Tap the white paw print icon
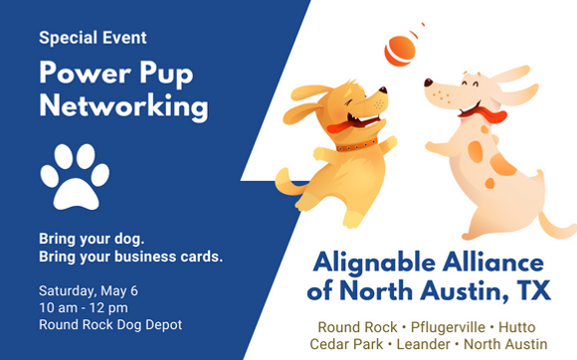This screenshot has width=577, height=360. coord(75,177)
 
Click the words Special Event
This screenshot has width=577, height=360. coord(94,38)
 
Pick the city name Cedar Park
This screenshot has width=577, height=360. coord(349,344)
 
